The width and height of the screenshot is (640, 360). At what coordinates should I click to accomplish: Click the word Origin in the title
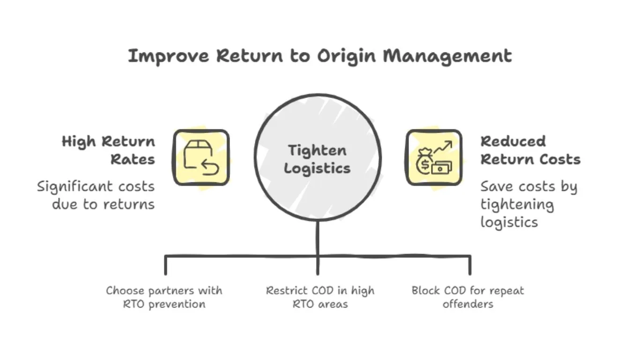[346, 56]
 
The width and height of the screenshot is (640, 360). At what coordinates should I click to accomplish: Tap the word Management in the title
[447, 56]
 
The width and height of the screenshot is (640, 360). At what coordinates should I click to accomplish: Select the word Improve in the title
[168, 56]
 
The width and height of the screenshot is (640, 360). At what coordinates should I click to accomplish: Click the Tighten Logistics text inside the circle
[317, 159]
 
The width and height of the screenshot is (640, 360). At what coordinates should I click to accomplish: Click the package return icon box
[201, 157]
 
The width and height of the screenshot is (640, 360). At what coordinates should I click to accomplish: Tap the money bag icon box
[433, 157]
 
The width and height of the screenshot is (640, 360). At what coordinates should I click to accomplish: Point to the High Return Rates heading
[109, 150]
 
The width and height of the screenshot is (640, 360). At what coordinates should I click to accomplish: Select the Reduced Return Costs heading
[530, 150]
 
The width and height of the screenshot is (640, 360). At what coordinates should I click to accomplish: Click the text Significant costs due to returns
[96, 195]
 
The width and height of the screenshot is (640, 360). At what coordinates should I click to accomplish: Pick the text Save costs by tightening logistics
[528, 204]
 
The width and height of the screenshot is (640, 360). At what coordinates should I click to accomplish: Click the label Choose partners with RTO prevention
[164, 297]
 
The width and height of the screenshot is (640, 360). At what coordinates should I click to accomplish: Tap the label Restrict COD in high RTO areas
[320, 297]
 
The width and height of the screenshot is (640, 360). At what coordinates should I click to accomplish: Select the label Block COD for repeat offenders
[468, 297]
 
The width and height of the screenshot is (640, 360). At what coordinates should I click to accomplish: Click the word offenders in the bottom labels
[468, 304]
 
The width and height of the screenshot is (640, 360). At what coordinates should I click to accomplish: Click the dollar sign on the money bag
[424, 165]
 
